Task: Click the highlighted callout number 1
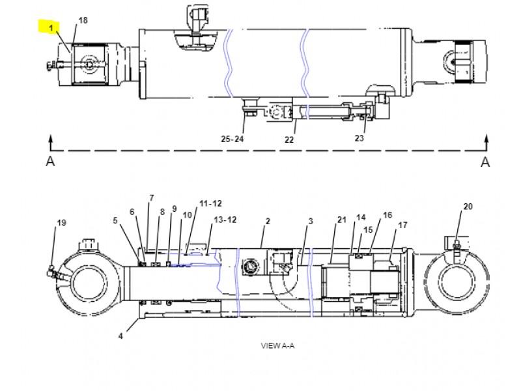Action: point(51,28)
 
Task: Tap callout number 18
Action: point(83,20)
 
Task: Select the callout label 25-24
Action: point(232,139)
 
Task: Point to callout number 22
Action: point(289,139)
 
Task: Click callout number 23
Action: point(359,138)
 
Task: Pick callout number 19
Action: point(62,223)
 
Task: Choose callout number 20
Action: point(468,207)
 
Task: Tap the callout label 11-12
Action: point(210,203)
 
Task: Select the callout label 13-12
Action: point(225,220)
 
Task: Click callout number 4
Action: point(120,336)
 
